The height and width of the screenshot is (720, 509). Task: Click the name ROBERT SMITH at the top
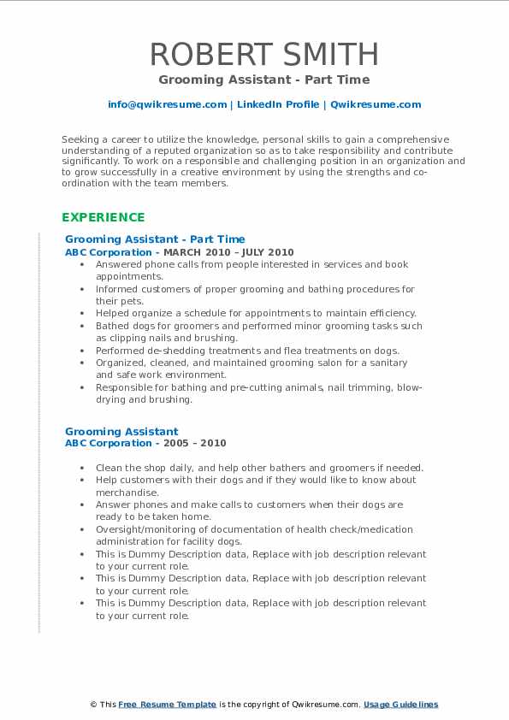[x=264, y=55]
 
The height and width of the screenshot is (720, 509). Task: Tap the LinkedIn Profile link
[x=276, y=104]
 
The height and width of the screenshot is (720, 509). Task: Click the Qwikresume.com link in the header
[x=376, y=104]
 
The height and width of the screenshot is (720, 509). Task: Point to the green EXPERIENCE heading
[x=104, y=217]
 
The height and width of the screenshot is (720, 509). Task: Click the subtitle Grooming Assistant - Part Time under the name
[x=264, y=80]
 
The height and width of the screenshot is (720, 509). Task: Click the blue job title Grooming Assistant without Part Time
[x=121, y=431]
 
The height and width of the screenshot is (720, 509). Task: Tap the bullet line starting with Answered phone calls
[x=252, y=265]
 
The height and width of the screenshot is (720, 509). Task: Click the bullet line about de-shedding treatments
[x=247, y=351]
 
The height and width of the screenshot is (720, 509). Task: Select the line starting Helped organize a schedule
[x=256, y=313]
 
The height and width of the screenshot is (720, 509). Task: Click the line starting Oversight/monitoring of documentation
[x=254, y=529]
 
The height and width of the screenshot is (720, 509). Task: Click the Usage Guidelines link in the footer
[x=400, y=705]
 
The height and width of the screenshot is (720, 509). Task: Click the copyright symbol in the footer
[x=93, y=705]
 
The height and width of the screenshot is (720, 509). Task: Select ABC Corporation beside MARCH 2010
[x=108, y=252]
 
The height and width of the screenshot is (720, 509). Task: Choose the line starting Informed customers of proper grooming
[x=255, y=289]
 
